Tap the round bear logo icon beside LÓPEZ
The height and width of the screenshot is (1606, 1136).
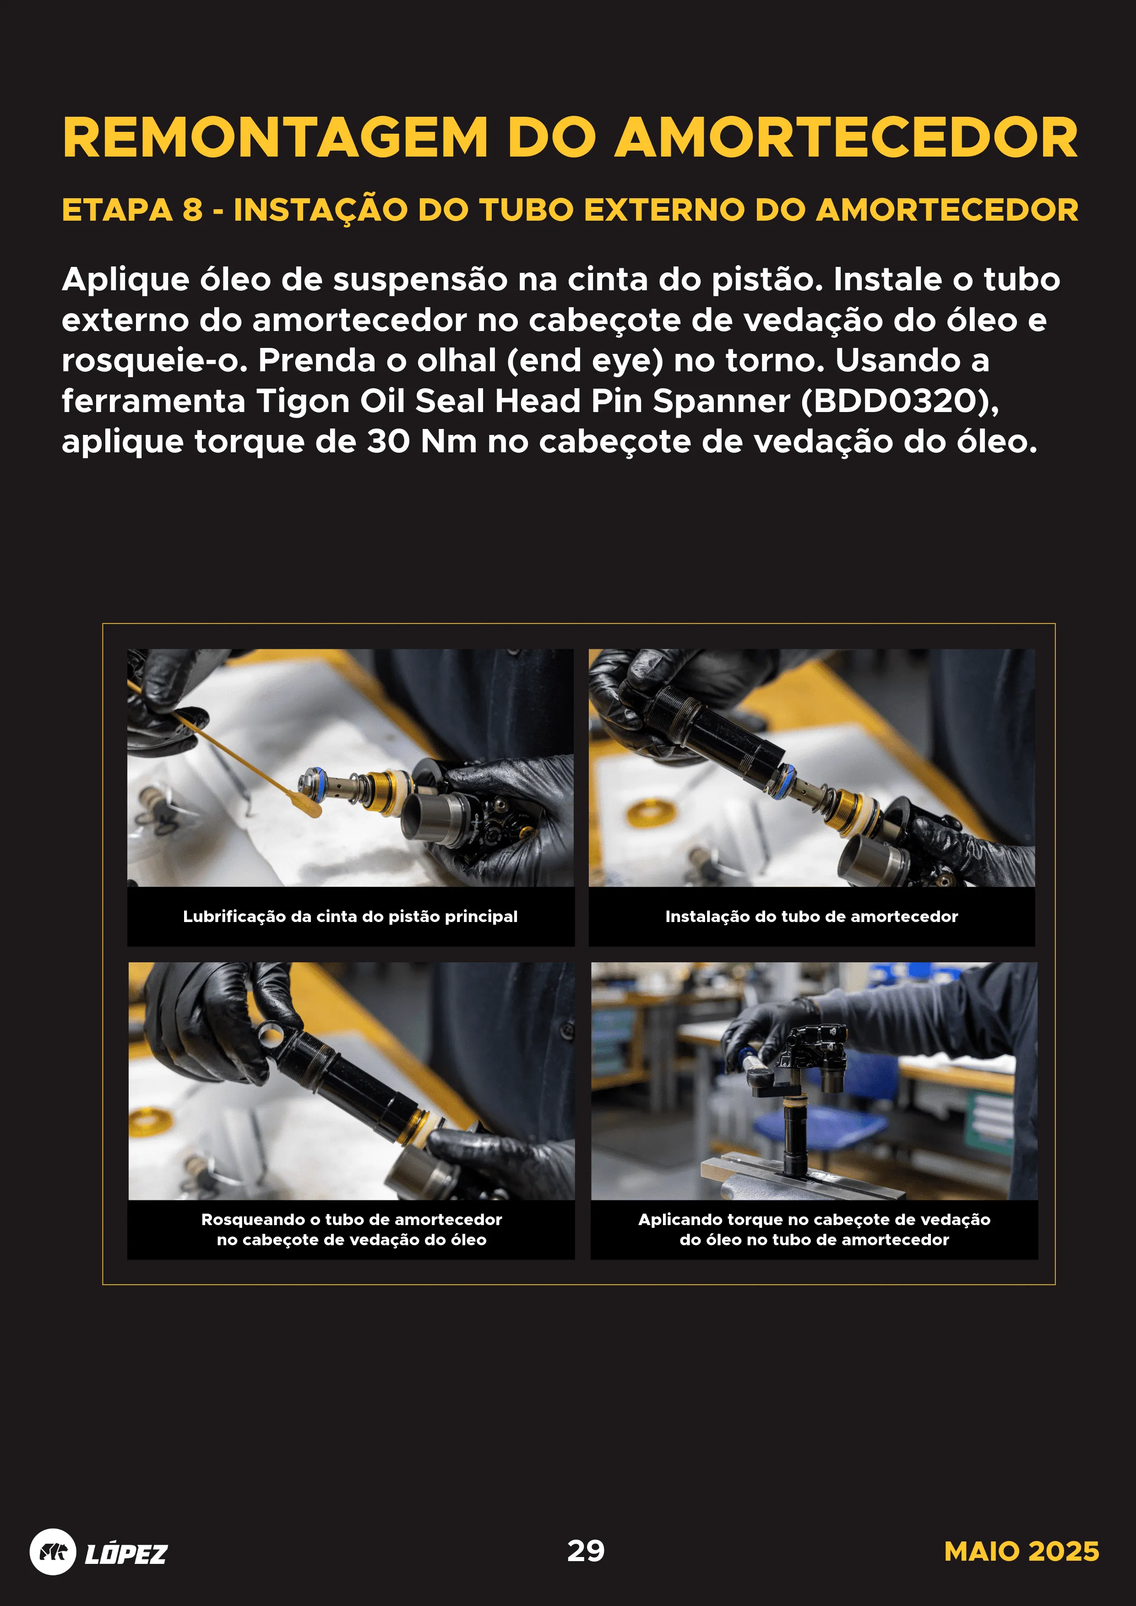[x=53, y=1552]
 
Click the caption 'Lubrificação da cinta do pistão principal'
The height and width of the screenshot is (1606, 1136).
[x=350, y=917]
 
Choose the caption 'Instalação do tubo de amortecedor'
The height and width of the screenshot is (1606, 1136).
[x=811, y=917]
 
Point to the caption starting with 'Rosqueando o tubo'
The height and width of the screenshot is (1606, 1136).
[x=351, y=1229]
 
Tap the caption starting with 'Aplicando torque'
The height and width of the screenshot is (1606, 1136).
[x=814, y=1229]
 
